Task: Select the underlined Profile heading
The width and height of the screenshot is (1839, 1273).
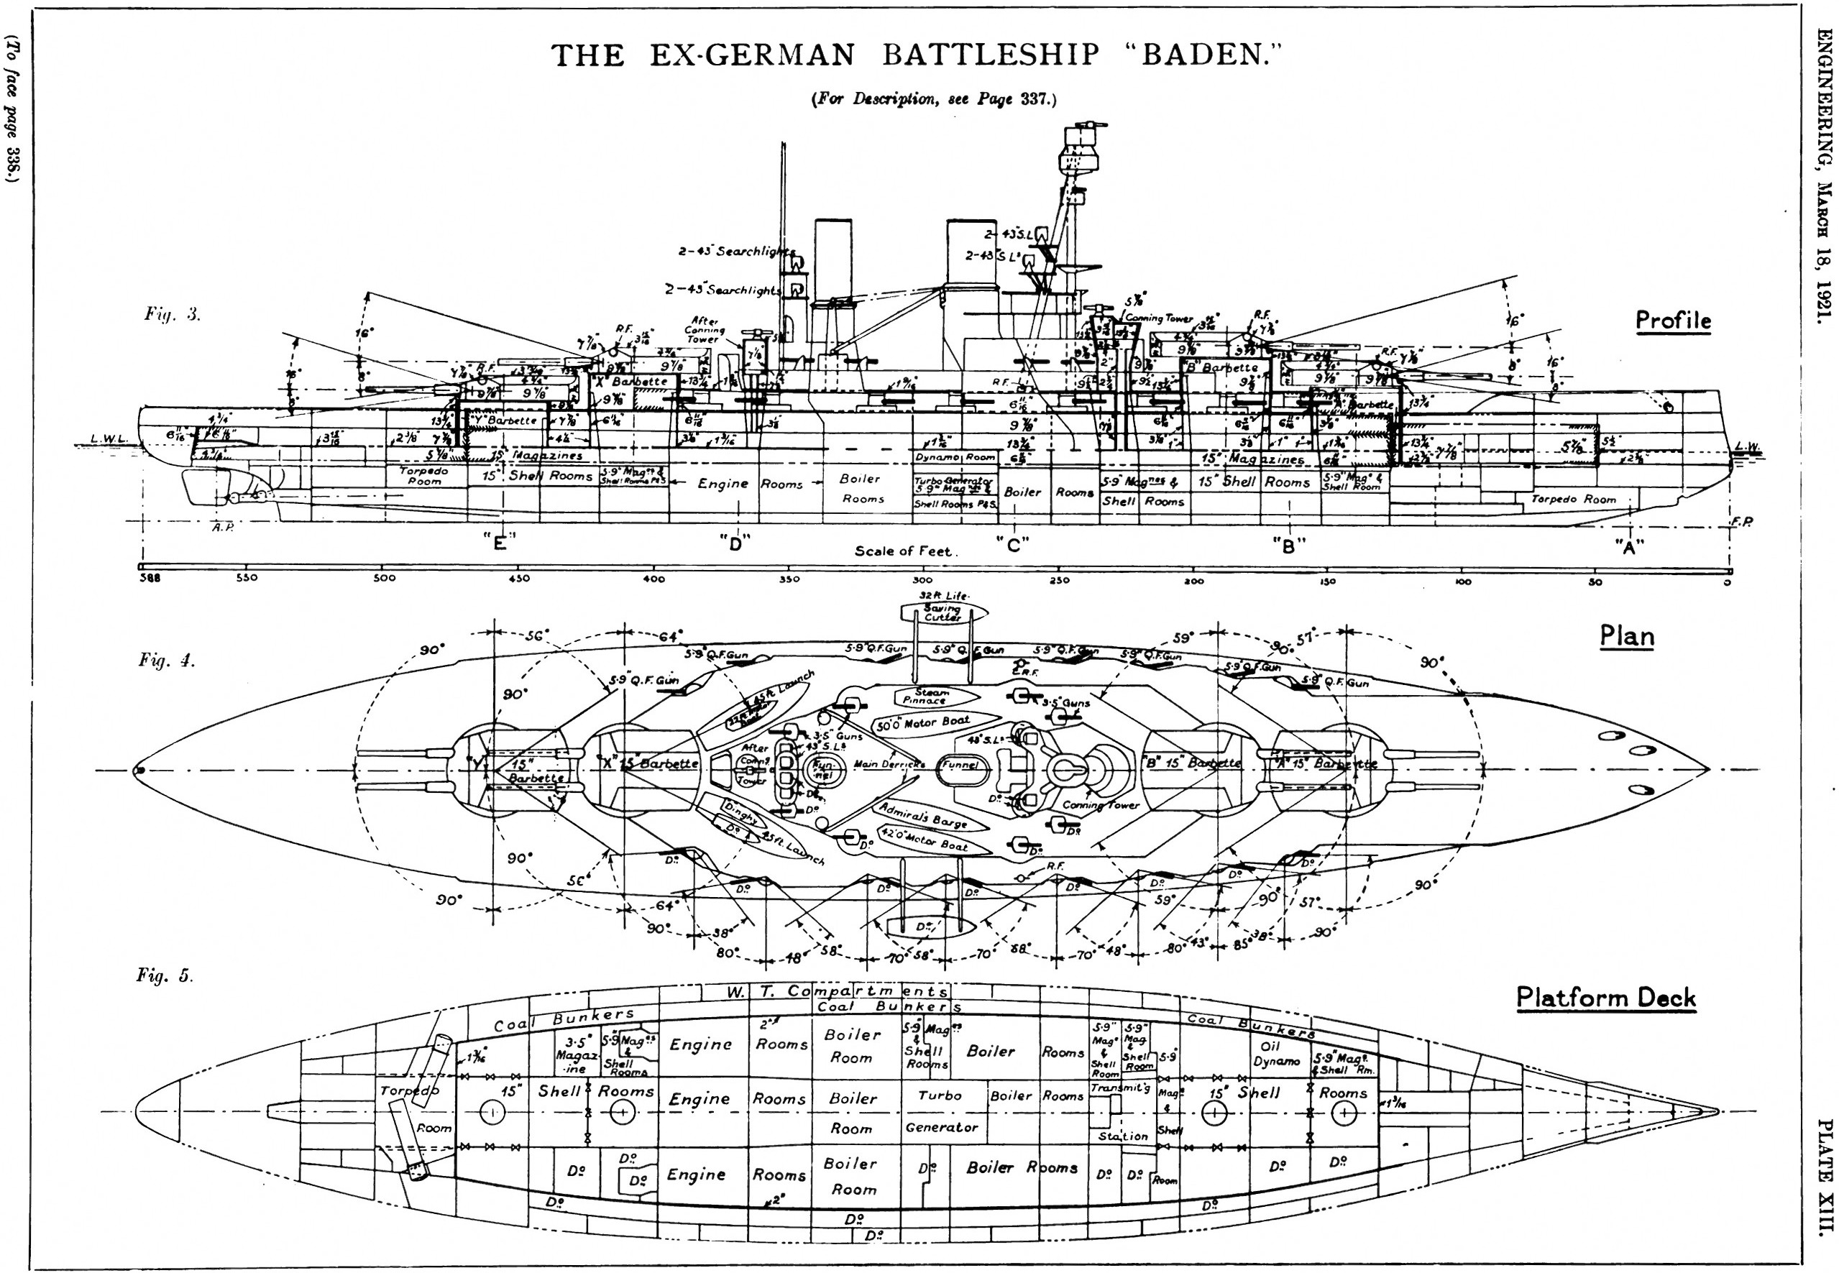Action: (1673, 321)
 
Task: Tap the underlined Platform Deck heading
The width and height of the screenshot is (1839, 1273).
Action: (1605, 997)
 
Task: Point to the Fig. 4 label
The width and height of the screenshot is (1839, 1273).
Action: (167, 661)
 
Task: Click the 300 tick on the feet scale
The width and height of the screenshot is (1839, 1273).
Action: (922, 580)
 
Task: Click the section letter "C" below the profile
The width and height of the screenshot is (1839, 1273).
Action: (1012, 545)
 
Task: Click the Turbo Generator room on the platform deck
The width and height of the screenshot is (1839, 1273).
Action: (942, 1111)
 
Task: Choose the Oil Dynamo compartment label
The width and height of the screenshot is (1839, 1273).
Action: (1276, 1054)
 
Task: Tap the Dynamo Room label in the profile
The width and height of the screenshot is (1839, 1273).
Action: (955, 457)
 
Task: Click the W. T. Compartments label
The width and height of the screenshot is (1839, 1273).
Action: (837, 991)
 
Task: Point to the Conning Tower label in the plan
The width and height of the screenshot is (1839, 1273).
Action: (1100, 805)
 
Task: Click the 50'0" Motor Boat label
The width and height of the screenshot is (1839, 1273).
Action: (922, 723)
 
